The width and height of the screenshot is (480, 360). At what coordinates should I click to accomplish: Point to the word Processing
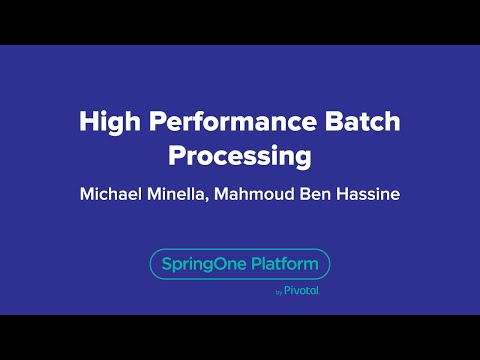[240, 157]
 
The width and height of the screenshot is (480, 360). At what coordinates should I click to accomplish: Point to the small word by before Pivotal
[278, 293]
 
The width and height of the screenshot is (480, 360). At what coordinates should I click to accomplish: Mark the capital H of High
[88, 123]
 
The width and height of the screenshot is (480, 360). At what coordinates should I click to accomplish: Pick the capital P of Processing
[176, 157]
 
